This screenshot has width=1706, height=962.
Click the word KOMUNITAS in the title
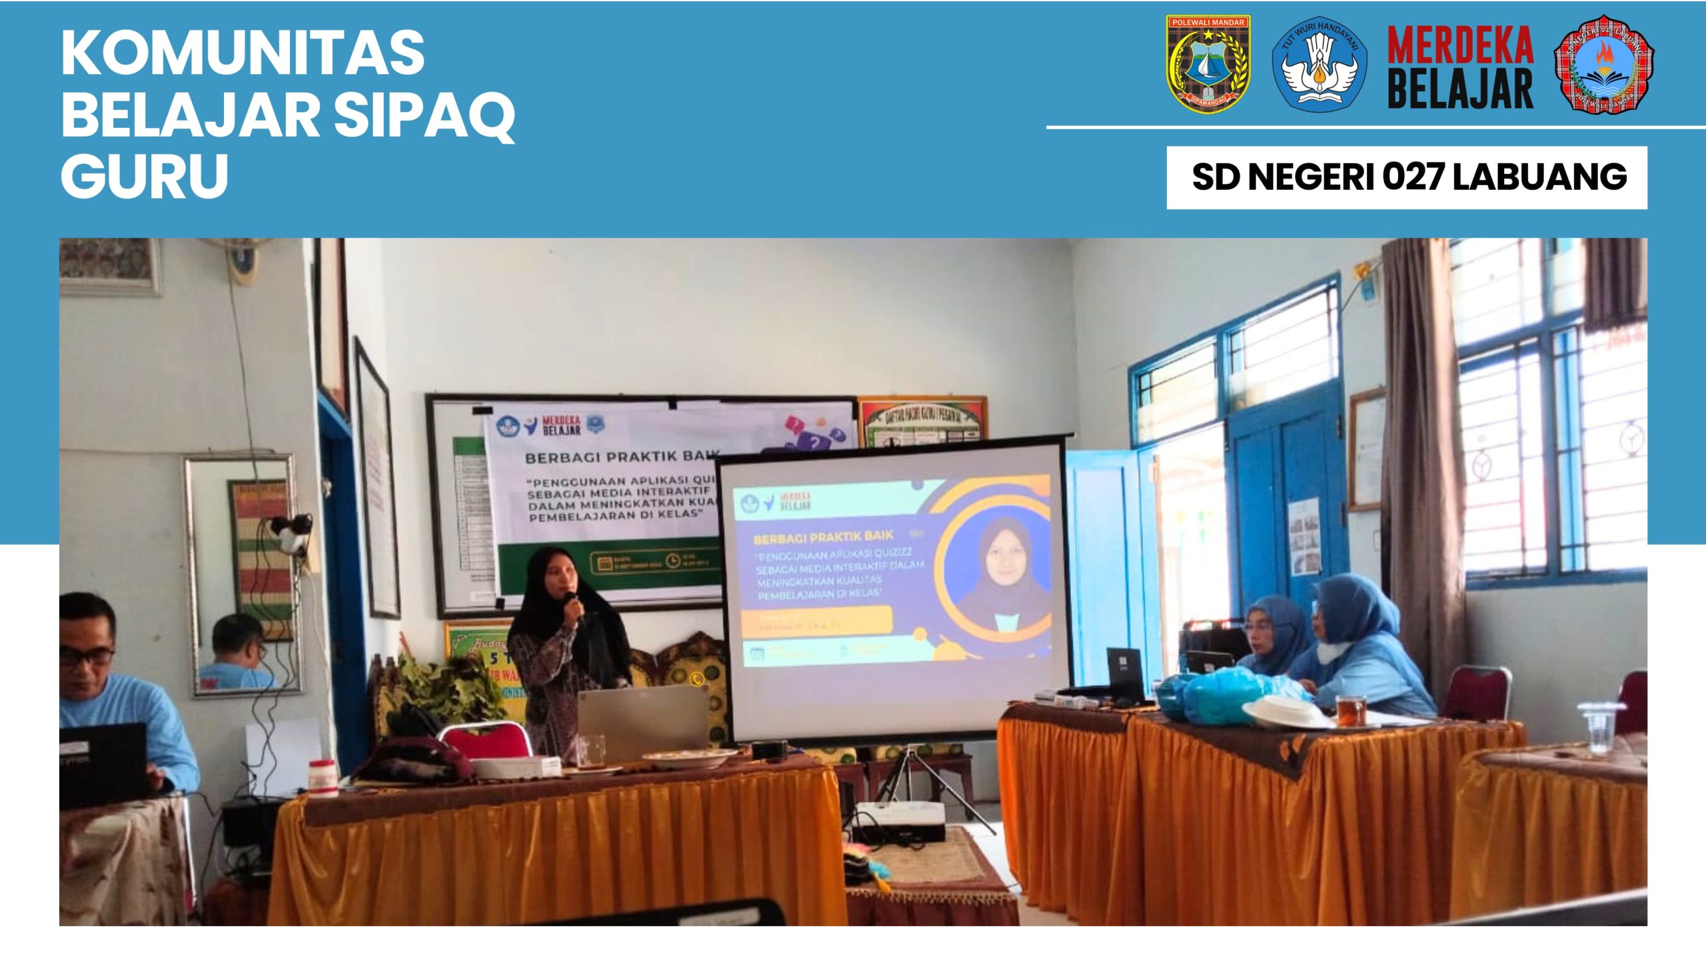[243, 53]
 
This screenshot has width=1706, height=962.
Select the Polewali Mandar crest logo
[1208, 64]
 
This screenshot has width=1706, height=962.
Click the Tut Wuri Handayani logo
[1319, 64]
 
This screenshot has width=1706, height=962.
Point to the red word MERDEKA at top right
[1460, 45]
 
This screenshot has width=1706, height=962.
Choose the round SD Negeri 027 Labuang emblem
[1604, 64]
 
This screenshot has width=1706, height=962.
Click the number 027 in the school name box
[1413, 177]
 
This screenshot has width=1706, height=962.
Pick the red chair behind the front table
[484, 741]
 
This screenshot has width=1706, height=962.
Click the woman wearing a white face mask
[1359, 640]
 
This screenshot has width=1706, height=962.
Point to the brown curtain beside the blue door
[1419, 466]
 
